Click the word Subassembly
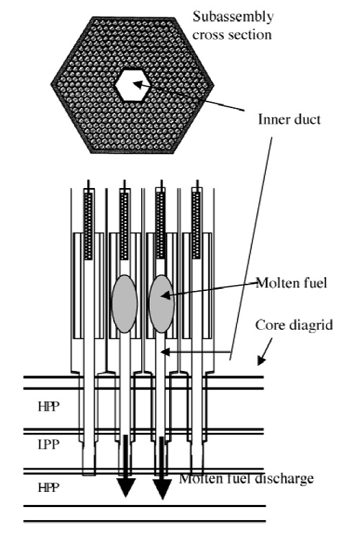click(x=233, y=17)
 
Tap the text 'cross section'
click(x=232, y=35)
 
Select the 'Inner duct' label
click(x=289, y=120)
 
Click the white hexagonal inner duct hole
click(x=130, y=85)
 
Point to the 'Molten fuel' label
click(x=292, y=283)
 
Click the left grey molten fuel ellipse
click(x=125, y=303)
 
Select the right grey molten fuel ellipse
click(x=162, y=303)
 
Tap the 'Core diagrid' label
click(x=294, y=326)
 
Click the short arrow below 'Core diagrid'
click(x=265, y=351)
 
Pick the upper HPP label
click(x=49, y=406)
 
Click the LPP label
click(x=49, y=444)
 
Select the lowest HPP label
click(x=49, y=488)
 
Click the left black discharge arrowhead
click(x=126, y=488)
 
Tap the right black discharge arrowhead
click(x=162, y=489)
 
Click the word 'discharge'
click(x=284, y=478)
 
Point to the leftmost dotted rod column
click(x=89, y=226)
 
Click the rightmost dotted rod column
click(x=196, y=226)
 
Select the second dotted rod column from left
click(x=125, y=226)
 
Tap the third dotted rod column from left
click(x=160, y=226)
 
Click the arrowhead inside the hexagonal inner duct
click(x=137, y=84)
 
